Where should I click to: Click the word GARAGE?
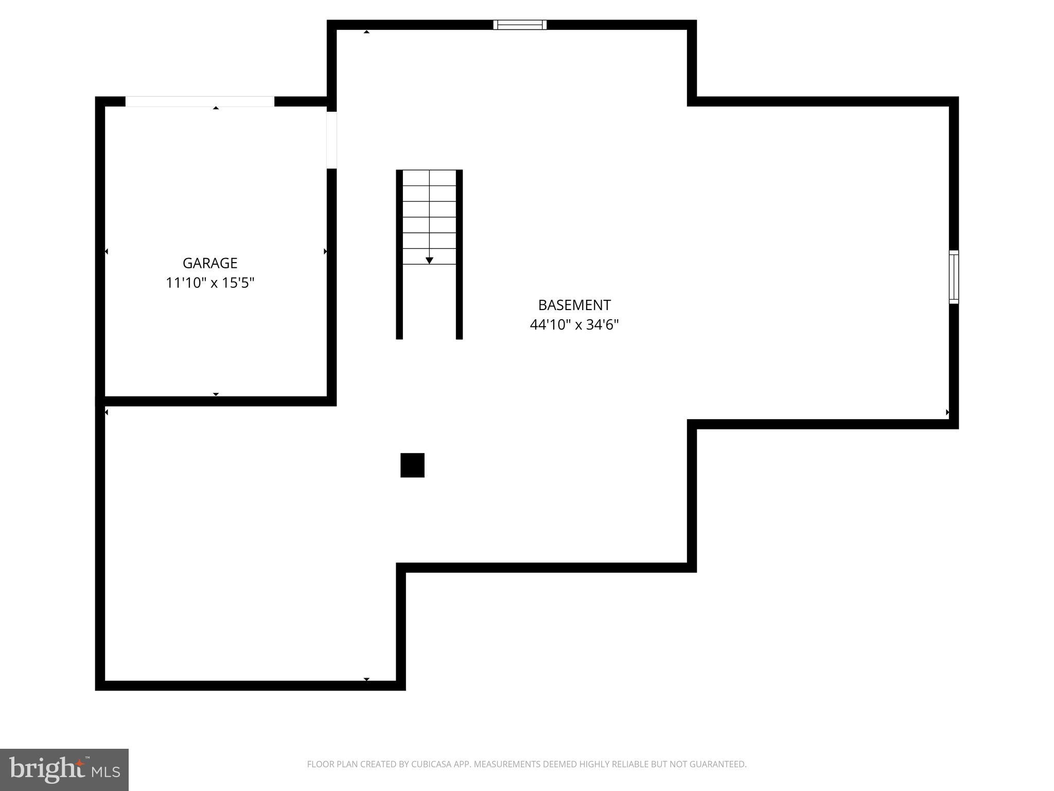tap(210, 263)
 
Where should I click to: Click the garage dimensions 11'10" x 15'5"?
tap(210, 283)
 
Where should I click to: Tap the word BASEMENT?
tap(574, 305)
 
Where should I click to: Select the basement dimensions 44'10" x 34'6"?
tap(574, 325)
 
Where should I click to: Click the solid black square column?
tap(412, 465)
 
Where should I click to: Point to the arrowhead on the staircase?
tap(429, 261)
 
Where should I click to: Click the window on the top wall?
tap(520, 25)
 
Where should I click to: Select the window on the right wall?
tap(954, 277)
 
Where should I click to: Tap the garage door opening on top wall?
tap(200, 101)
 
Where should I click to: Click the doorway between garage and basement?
tap(332, 140)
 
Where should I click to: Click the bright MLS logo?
tap(64, 770)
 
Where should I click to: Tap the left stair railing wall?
tap(399, 254)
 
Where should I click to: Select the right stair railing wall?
tap(459, 254)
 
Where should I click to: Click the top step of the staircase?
tap(429, 178)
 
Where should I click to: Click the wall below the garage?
tap(216, 401)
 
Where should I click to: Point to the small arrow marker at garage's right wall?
tap(325, 251)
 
